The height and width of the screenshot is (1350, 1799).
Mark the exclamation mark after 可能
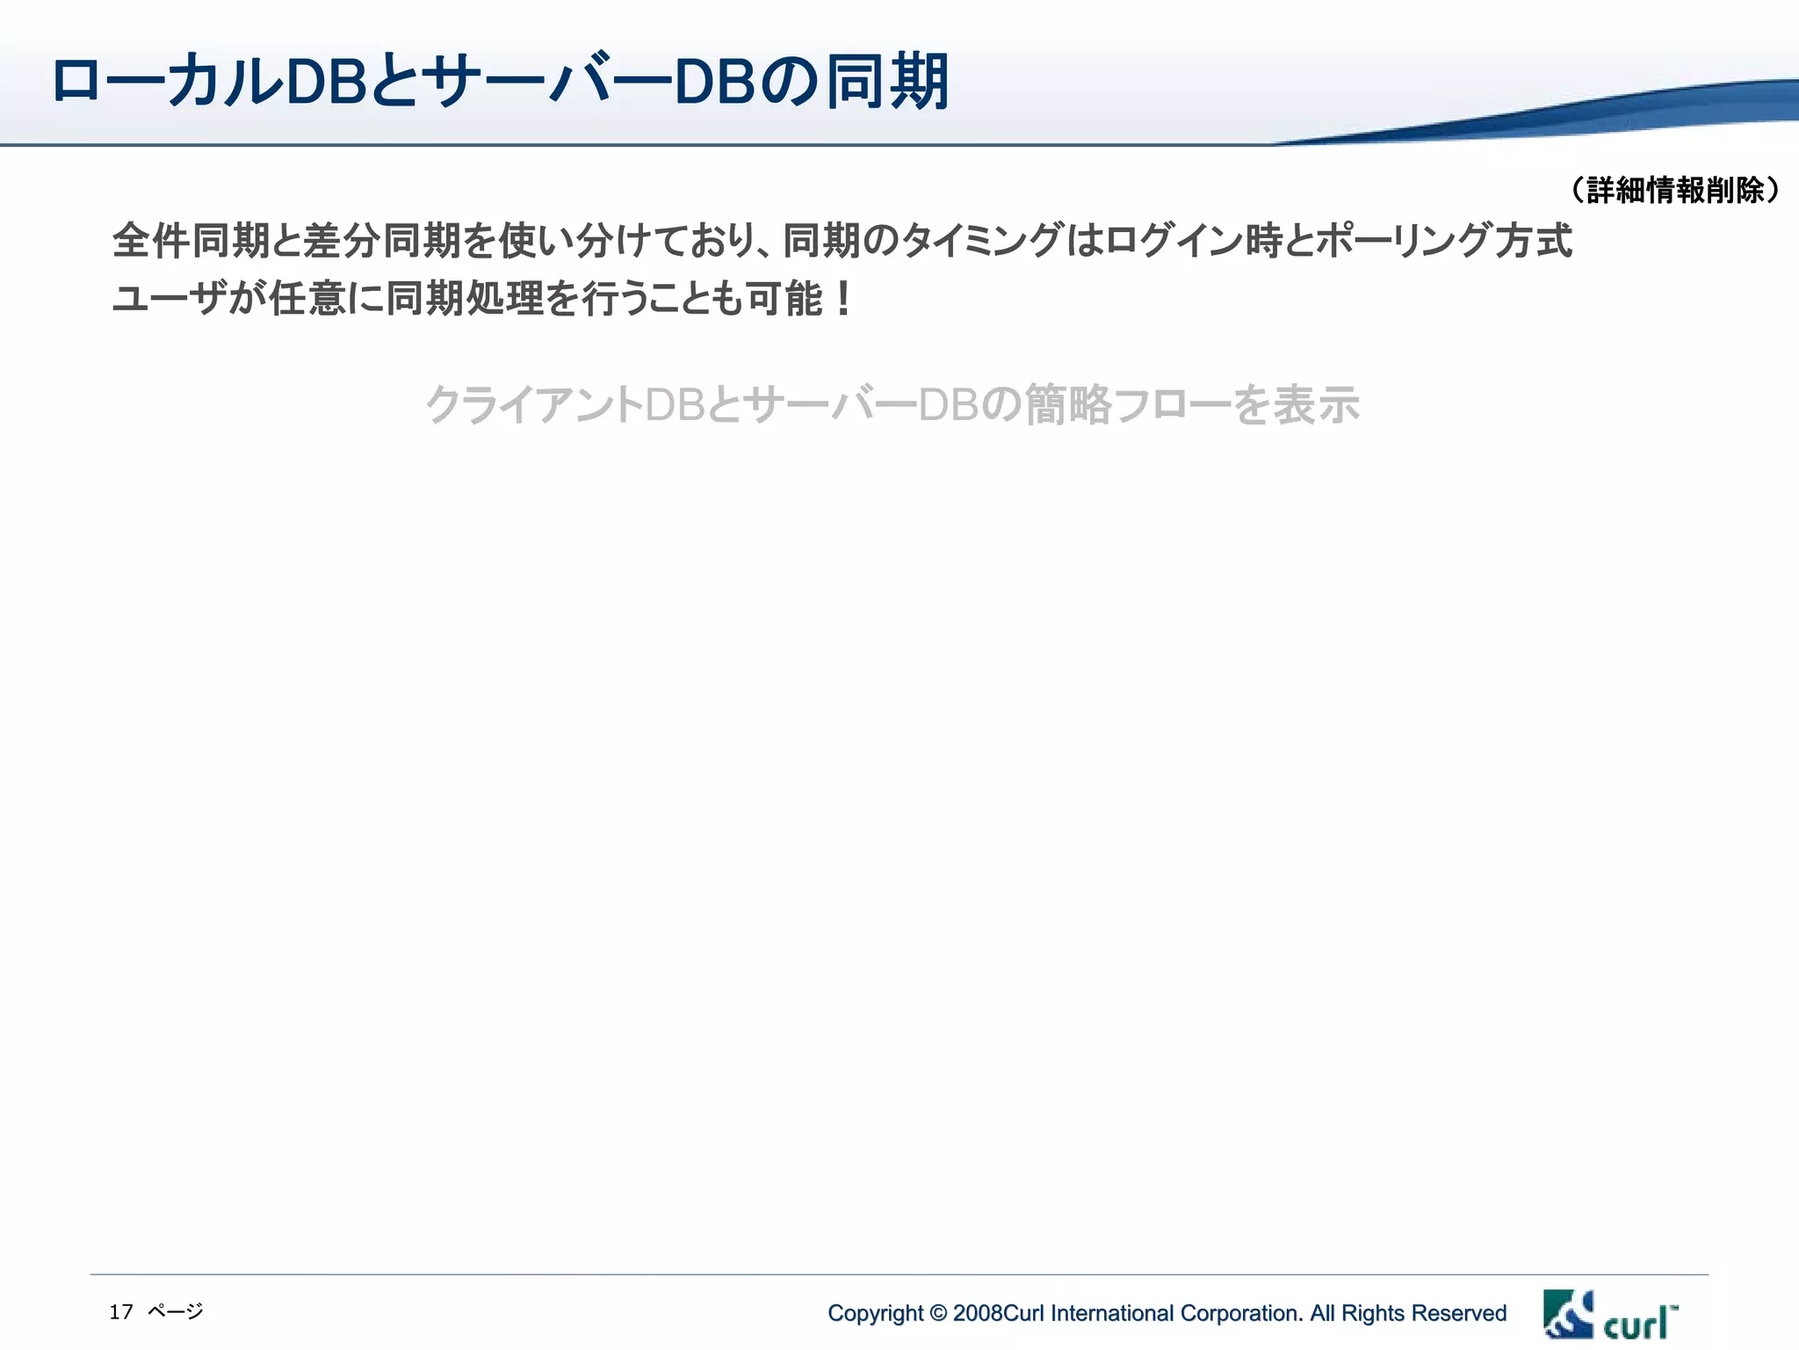click(x=843, y=299)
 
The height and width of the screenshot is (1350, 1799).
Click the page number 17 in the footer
click(x=121, y=1312)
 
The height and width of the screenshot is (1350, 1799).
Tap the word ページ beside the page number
click(x=176, y=1312)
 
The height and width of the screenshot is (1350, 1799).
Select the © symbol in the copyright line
click(x=938, y=1314)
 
